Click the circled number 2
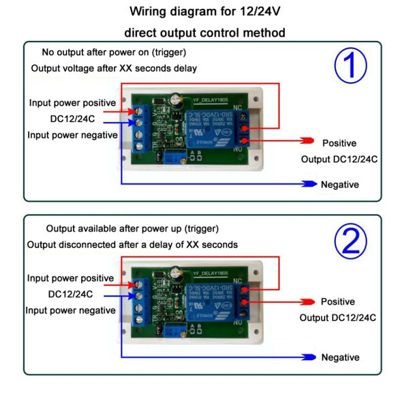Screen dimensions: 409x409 pyautogui.click(x=350, y=241)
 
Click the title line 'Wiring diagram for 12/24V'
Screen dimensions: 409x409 pyautogui.click(x=204, y=12)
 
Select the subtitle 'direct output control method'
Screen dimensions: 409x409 pyautogui.click(x=204, y=32)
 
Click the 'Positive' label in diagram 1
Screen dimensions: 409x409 pyautogui.click(x=339, y=143)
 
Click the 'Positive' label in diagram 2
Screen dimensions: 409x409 pyautogui.click(x=338, y=302)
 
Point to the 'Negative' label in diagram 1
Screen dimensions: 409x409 pyautogui.click(x=339, y=185)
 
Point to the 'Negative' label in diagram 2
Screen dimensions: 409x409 pyautogui.click(x=340, y=358)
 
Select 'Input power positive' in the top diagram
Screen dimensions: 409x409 pyautogui.click(x=72, y=103)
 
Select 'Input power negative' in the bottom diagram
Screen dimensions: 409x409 pyautogui.click(x=71, y=310)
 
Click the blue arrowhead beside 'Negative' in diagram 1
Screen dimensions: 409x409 pyautogui.click(x=307, y=184)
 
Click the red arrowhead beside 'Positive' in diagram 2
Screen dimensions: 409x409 pyautogui.click(x=307, y=301)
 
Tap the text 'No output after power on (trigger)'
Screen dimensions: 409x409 pyautogui.click(x=114, y=52)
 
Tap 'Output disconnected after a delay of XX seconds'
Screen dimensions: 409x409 pyautogui.click(x=132, y=244)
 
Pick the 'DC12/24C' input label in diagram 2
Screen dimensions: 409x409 pyautogui.click(x=70, y=294)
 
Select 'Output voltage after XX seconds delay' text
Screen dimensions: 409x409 pyautogui.click(x=114, y=69)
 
